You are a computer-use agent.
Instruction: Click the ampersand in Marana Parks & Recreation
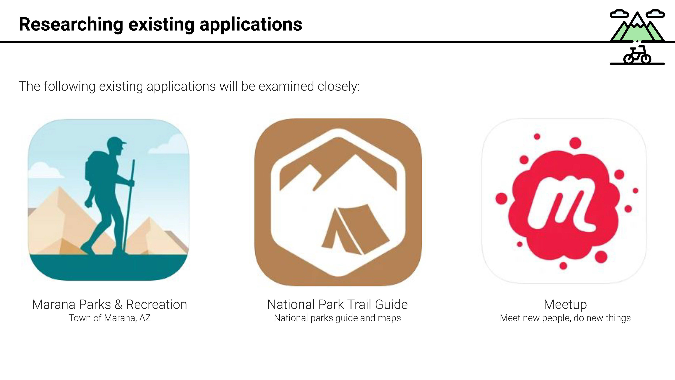click(x=118, y=305)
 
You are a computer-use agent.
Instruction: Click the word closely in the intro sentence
click(x=339, y=87)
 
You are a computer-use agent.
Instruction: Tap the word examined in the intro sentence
click(x=286, y=87)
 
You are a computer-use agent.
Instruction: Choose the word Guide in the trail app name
click(x=391, y=305)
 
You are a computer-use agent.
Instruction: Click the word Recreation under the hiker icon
click(x=156, y=305)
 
